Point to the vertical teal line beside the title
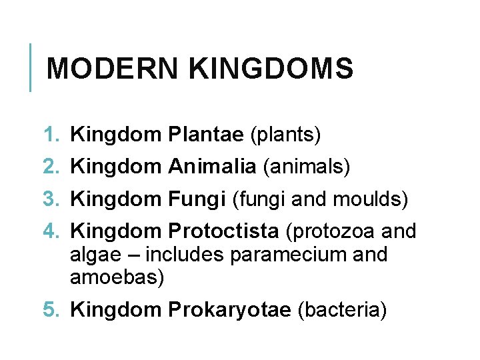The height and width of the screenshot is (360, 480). (x=31, y=67)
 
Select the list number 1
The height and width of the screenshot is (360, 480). (x=51, y=135)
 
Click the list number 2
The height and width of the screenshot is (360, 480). (x=51, y=167)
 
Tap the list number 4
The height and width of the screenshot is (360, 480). (x=51, y=231)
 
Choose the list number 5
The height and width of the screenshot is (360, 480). (x=51, y=309)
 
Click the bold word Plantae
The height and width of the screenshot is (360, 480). (x=206, y=135)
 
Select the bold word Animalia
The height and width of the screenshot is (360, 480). (x=213, y=167)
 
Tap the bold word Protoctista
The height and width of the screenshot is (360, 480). (x=223, y=231)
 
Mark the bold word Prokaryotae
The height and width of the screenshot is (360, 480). (x=230, y=309)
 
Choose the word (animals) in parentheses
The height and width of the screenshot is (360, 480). (x=307, y=167)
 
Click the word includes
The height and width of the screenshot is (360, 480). (x=186, y=255)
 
